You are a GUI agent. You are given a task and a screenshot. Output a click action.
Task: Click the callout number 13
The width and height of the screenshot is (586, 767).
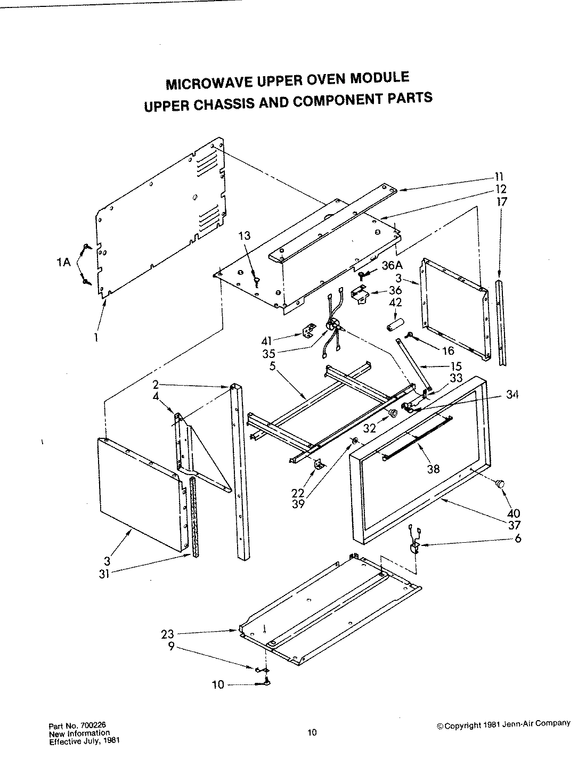click(245, 236)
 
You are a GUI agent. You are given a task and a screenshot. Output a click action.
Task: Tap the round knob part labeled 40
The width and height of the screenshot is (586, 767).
click(500, 483)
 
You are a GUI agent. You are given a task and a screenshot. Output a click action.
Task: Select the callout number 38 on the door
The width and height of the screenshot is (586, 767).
click(433, 469)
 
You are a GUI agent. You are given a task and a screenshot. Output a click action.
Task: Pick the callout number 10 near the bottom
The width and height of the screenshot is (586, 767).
click(218, 685)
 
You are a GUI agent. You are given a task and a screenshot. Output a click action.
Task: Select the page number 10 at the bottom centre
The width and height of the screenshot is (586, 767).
click(312, 732)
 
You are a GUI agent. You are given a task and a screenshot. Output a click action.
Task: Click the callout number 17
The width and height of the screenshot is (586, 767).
click(502, 201)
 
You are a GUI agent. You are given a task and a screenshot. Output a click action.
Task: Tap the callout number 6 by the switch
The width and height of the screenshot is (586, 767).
click(518, 538)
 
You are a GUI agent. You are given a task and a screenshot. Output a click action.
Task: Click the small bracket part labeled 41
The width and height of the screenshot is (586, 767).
click(307, 332)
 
